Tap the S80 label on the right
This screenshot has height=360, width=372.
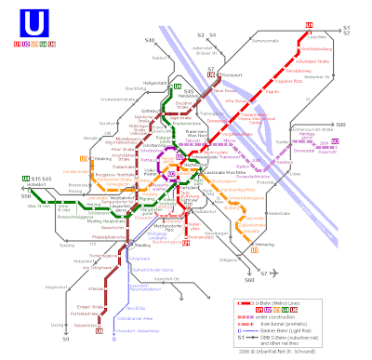point(340,124)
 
